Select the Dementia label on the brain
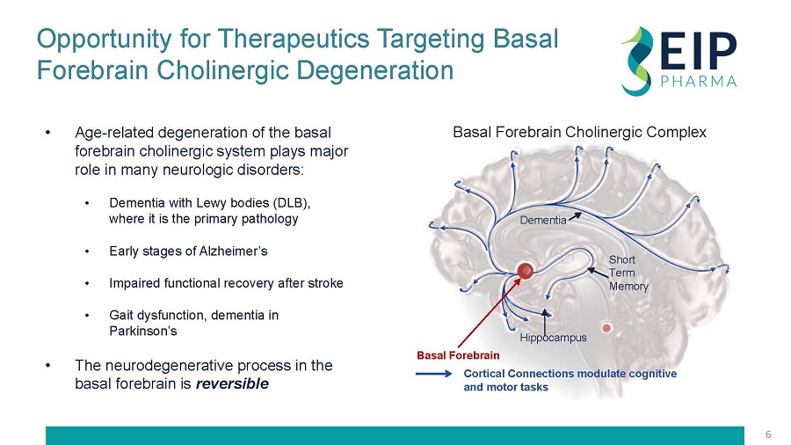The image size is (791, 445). point(542,220)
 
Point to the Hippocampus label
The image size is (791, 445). point(553,337)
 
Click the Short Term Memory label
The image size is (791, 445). point(628,273)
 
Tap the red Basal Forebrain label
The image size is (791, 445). point(457,356)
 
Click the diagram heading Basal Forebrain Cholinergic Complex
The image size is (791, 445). point(579,132)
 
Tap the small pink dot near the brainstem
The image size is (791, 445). point(606,328)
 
